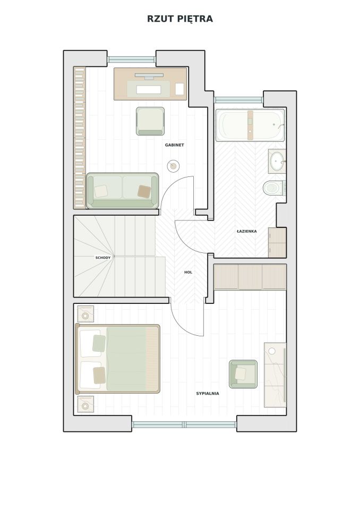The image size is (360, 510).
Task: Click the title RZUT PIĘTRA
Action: pos(180,19)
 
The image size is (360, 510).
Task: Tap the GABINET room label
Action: pos(174,145)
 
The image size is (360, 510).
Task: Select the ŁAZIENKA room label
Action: pos(247,231)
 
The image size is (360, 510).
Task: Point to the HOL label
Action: pos(188,272)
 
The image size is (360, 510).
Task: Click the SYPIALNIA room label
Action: pos(208,394)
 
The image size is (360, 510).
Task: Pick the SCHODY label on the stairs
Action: pos(103,258)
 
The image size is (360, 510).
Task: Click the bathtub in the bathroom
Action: pos(250,125)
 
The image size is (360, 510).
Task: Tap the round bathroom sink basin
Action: pos(277,160)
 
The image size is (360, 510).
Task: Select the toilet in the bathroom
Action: pos(275,188)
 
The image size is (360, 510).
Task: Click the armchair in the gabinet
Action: pos(150,121)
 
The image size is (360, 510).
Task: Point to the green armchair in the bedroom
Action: pos(243,374)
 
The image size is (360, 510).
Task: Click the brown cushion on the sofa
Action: pos(144,192)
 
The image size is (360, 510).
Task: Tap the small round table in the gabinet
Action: pos(173,166)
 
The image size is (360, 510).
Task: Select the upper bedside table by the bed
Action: pos(85,314)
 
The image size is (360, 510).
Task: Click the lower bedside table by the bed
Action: pos(85,404)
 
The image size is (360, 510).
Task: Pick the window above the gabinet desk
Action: pos(132,59)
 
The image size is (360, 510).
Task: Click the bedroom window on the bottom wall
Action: pos(184,424)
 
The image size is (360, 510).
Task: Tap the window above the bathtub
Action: pos(238,100)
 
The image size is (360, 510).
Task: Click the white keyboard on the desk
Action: pos(149,89)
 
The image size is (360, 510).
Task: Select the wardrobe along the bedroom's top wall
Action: pos(250,277)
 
